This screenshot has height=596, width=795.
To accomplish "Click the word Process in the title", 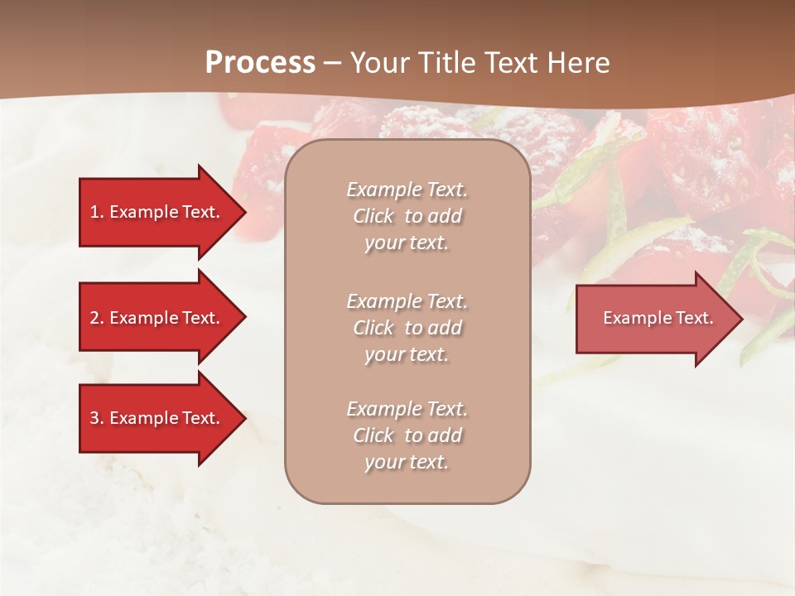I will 260,63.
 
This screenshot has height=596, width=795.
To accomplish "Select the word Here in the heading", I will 578,63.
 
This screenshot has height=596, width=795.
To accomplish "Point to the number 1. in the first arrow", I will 97,212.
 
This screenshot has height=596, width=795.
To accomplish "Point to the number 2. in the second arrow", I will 97,318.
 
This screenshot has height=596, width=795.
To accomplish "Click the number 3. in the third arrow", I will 97,418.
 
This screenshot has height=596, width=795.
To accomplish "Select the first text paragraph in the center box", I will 407,216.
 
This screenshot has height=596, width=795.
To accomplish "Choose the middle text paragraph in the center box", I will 407,328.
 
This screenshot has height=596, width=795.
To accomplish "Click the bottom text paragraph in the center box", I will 407,435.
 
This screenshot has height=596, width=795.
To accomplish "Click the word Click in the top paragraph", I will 373,217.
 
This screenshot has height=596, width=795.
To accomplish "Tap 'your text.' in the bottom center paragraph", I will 407,462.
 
